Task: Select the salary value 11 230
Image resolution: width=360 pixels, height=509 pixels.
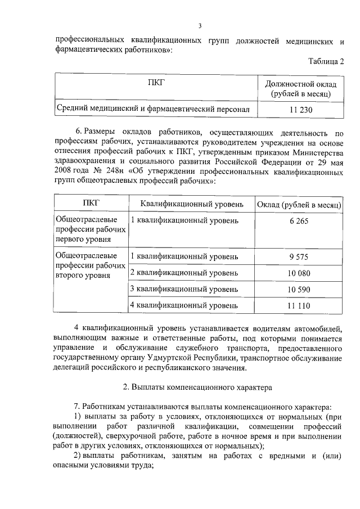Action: pyautogui.click(x=301, y=111)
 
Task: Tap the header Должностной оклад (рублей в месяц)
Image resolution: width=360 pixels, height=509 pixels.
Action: pyautogui.click(x=301, y=89)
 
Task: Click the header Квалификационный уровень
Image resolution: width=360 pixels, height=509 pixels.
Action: pyautogui.click(x=192, y=203)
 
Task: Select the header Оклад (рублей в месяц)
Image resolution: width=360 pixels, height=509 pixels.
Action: pyautogui.click(x=299, y=203)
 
